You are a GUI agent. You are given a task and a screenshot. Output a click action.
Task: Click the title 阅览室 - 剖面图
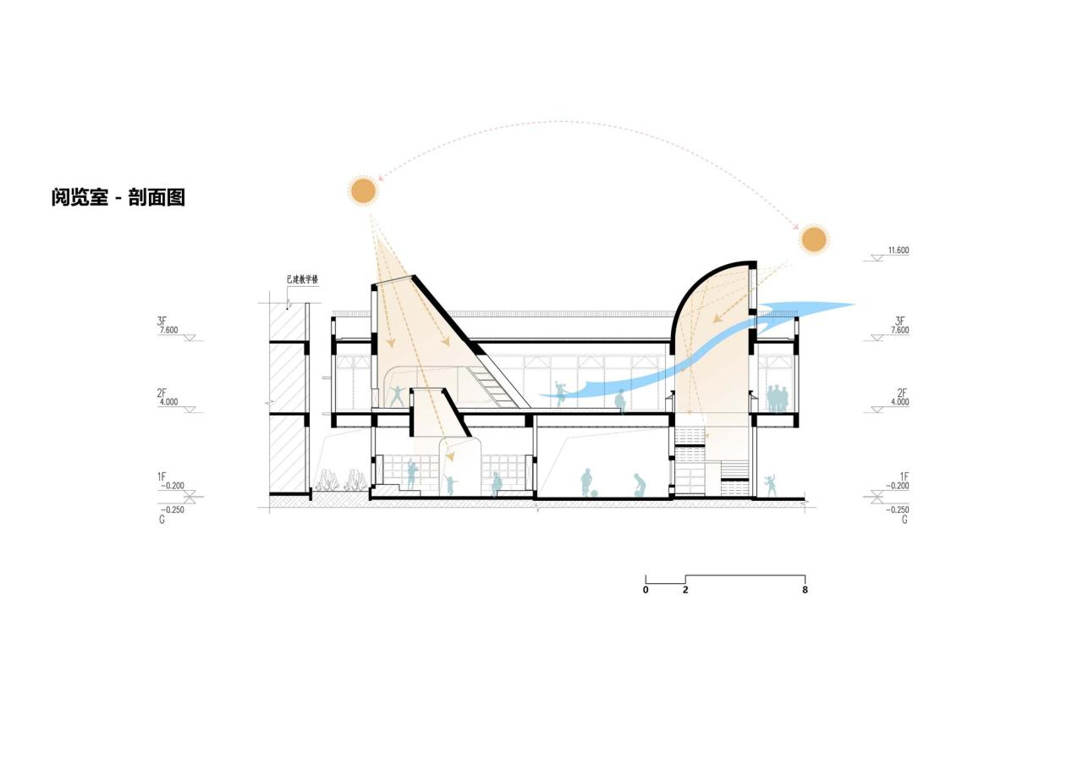118,197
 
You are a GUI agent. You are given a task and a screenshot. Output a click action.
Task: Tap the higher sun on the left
363,190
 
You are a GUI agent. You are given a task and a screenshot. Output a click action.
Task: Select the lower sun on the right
813,239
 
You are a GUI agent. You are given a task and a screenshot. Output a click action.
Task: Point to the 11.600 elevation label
898,250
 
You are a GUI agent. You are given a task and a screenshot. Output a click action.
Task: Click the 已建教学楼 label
302,278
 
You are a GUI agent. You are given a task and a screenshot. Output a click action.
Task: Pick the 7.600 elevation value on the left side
168,330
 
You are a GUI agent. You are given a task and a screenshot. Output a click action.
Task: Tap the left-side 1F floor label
162,477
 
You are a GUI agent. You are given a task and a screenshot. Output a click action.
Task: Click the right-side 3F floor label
901,322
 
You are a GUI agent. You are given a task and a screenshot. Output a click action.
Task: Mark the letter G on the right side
904,520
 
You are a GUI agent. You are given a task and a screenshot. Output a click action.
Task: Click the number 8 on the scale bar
805,590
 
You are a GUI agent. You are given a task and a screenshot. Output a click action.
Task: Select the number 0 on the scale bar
646,590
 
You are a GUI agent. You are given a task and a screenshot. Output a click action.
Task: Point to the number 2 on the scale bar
685,590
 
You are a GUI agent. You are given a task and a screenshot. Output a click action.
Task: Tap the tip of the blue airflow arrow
853,305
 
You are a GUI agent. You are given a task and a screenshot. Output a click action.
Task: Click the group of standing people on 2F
777,399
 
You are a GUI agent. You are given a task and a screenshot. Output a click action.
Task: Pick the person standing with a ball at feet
585,482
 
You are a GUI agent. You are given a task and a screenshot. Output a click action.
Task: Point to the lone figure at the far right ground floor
771,485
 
